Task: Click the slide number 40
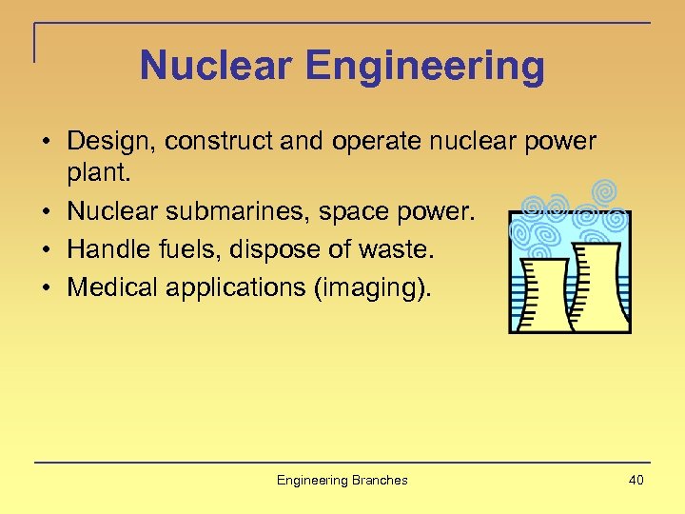click(x=636, y=480)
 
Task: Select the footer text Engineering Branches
click(x=342, y=481)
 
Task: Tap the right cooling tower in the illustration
click(x=600, y=286)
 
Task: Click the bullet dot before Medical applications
click(x=46, y=287)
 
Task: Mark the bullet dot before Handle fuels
click(x=46, y=250)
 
